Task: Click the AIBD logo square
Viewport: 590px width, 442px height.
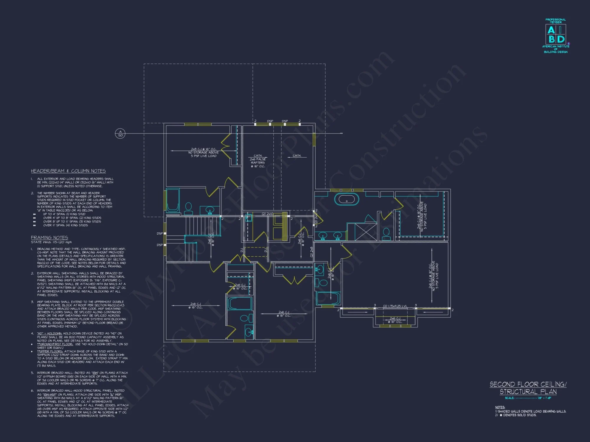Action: point(556,34)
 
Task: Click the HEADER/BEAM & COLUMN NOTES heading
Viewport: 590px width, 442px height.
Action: point(68,171)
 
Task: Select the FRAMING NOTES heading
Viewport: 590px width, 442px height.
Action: point(49,238)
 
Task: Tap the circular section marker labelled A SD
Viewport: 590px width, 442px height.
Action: point(120,133)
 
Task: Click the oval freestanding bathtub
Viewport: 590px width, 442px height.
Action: point(347,199)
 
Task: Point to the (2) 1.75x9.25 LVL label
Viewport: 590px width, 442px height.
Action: point(395,306)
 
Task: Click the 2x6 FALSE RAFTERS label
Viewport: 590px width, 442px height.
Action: point(258,161)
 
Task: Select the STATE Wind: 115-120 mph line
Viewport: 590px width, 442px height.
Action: point(51,242)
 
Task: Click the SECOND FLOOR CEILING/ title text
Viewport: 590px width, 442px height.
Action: point(528,384)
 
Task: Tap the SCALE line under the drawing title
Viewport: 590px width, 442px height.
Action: point(528,398)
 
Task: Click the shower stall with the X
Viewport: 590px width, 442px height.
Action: point(366,232)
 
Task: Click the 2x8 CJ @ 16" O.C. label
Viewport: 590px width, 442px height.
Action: point(204,149)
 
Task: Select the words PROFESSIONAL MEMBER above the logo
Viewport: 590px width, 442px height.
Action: point(555,21)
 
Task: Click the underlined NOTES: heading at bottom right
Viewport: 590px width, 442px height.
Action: point(500,407)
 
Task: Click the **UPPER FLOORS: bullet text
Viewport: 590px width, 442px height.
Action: point(50,351)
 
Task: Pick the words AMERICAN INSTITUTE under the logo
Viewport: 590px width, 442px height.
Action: point(555,47)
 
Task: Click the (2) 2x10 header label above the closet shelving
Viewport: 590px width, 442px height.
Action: point(268,214)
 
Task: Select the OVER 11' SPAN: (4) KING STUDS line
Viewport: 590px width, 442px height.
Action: point(65,225)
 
